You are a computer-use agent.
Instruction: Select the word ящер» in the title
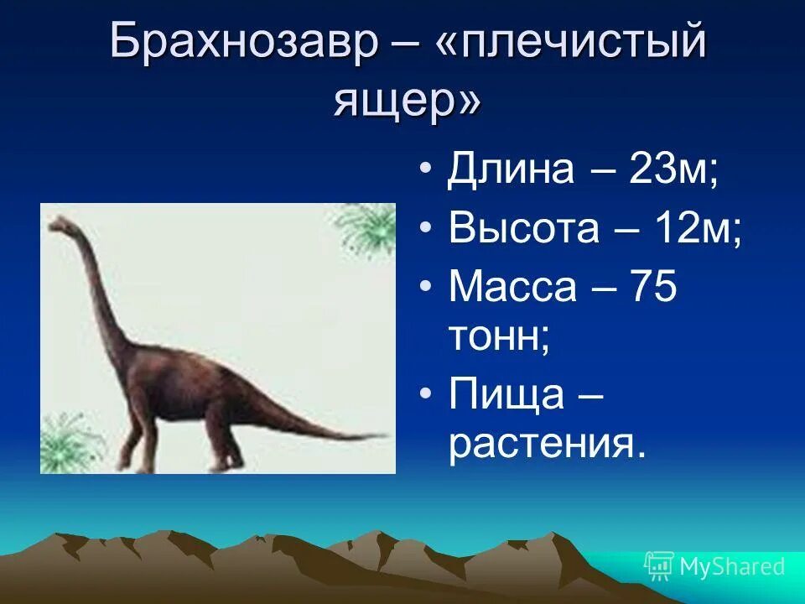click(408, 101)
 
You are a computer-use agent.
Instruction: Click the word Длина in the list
click(512, 170)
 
